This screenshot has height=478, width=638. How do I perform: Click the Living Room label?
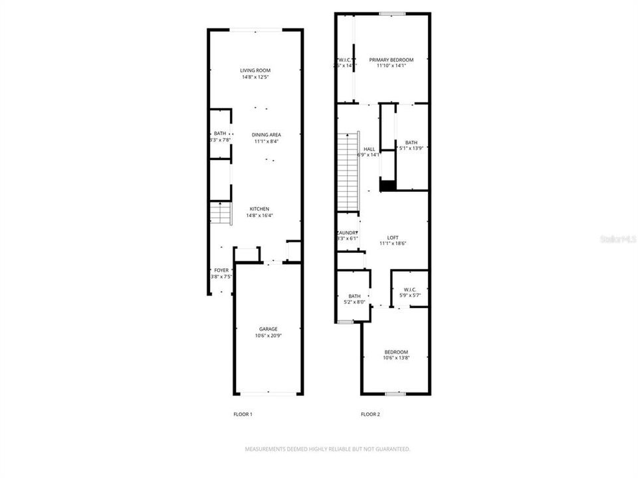(255, 70)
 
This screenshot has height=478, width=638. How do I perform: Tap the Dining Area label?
(266, 135)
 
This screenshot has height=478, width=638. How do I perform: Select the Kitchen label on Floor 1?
(259, 208)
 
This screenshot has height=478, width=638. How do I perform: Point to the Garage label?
(268, 329)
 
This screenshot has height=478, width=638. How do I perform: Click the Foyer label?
(221, 270)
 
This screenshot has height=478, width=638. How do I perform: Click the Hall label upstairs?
(369, 149)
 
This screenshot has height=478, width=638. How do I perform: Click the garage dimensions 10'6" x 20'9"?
(268, 336)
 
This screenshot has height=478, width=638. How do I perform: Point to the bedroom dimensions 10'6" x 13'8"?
(396, 358)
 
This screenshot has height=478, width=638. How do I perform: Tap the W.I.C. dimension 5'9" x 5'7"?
(409, 295)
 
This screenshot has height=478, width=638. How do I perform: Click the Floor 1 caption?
(243, 414)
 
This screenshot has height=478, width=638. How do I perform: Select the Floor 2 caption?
(370, 414)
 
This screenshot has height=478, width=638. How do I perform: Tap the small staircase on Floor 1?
(221, 214)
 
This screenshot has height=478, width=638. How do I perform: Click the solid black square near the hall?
(387, 184)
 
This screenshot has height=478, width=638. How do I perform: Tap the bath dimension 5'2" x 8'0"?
(354, 303)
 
